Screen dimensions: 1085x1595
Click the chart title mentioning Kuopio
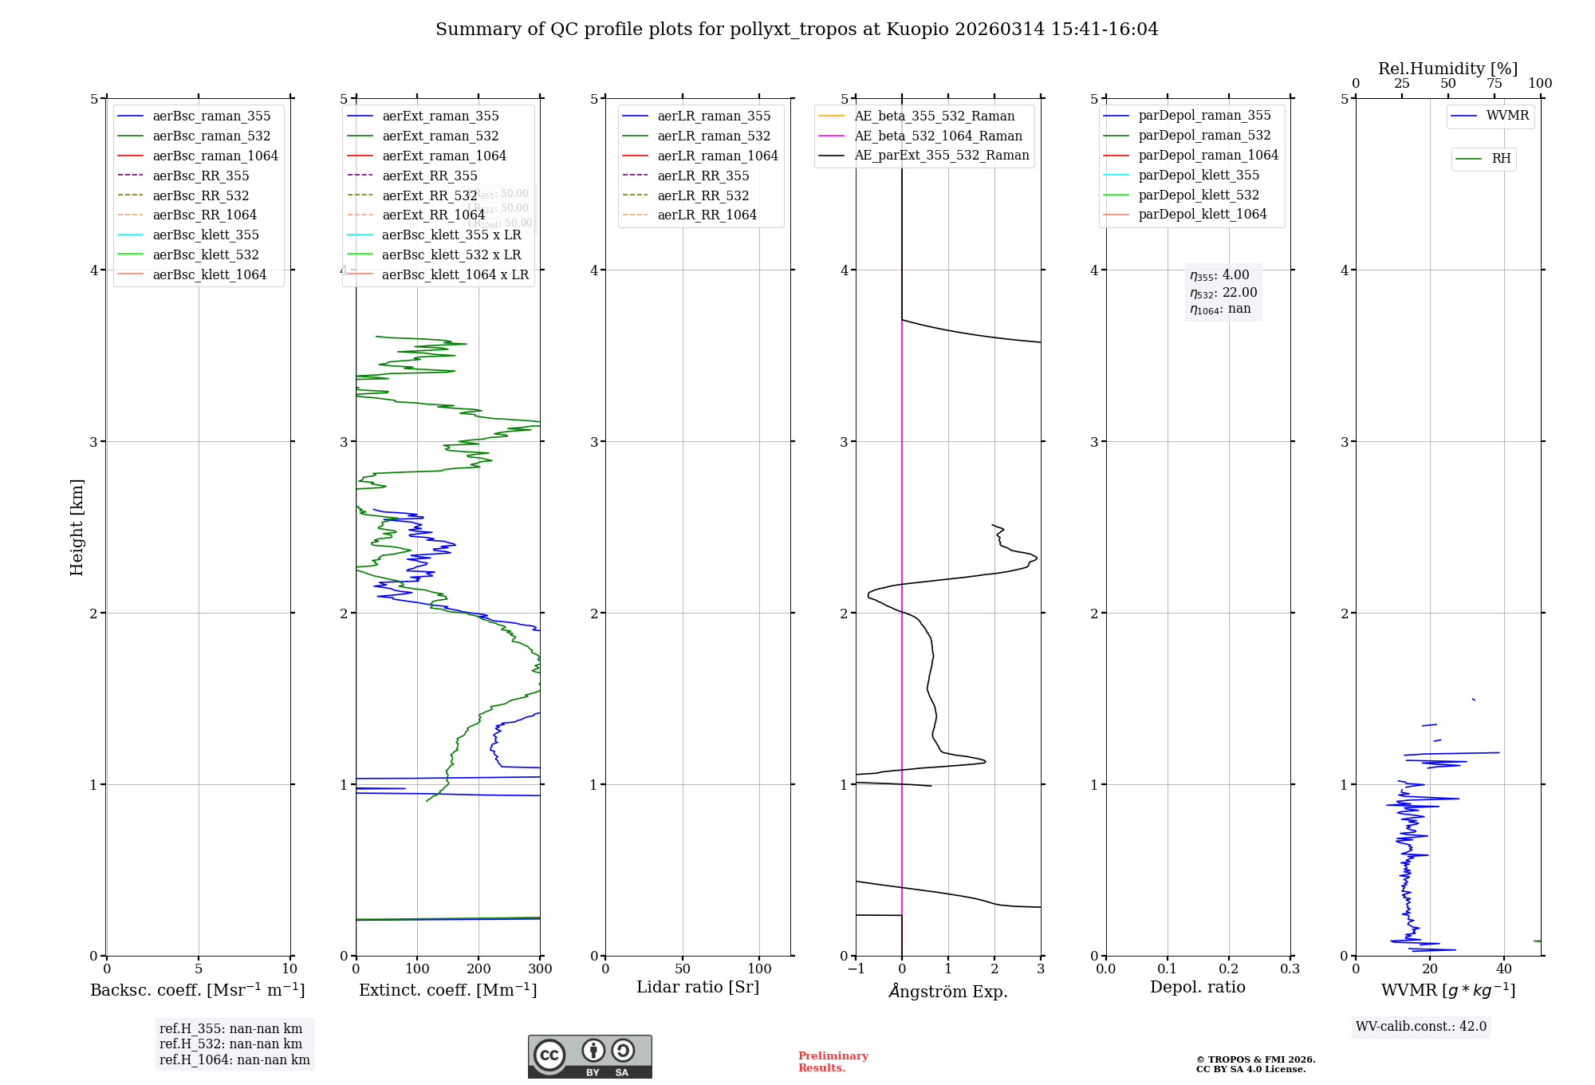click(x=797, y=30)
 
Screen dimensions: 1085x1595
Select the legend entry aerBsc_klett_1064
click(x=209, y=274)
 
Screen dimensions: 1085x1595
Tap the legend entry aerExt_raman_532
click(x=440, y=136)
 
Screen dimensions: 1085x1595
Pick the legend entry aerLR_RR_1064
click(x=707, y=215)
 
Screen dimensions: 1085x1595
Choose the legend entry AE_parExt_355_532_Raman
click(x=941, y=155)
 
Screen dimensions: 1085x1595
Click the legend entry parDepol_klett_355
click(x=1199, y=175)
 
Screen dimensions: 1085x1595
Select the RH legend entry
click(x=1501, y=159)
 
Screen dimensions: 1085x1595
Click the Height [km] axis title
click(x=77, y=527)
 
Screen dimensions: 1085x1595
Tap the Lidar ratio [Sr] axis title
click(x=698, y=987)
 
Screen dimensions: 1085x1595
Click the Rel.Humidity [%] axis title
click(x=1447, y=69)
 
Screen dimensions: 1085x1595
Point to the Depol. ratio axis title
click(x=1197, y=987)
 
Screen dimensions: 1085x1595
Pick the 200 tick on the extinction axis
click(x=478, y=969)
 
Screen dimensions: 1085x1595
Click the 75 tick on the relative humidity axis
click(x=1494, y=84)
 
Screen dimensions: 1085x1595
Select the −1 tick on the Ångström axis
click(x=856, y=969)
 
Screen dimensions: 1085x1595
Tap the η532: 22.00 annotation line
click(x=1223, y=292)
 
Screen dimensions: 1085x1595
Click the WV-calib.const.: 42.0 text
click(x=1421, y=1026)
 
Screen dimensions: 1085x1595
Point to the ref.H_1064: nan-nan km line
click(x=234, y=1059)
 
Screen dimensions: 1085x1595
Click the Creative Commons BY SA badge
click(x=589, y=1056)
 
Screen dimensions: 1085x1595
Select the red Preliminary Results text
click(x=833, y=1061)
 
